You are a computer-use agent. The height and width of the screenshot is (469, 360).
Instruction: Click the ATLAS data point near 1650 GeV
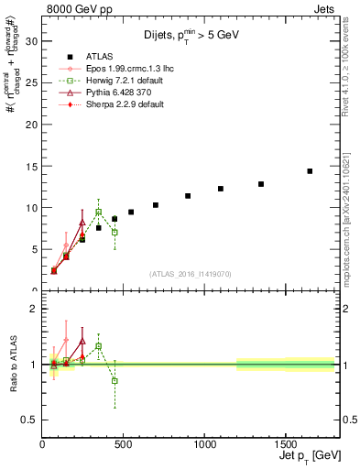coord(310,171)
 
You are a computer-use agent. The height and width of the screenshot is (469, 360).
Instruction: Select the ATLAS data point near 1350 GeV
coord(261,184)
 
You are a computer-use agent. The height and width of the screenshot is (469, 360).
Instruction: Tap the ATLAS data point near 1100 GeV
coord(221,189)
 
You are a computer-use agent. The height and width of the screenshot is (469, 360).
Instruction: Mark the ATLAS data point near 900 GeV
coord(188,196)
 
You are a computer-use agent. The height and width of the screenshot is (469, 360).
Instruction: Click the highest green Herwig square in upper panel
coord(99,212)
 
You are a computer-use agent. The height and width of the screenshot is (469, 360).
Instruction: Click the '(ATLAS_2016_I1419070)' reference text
coord(190,273)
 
